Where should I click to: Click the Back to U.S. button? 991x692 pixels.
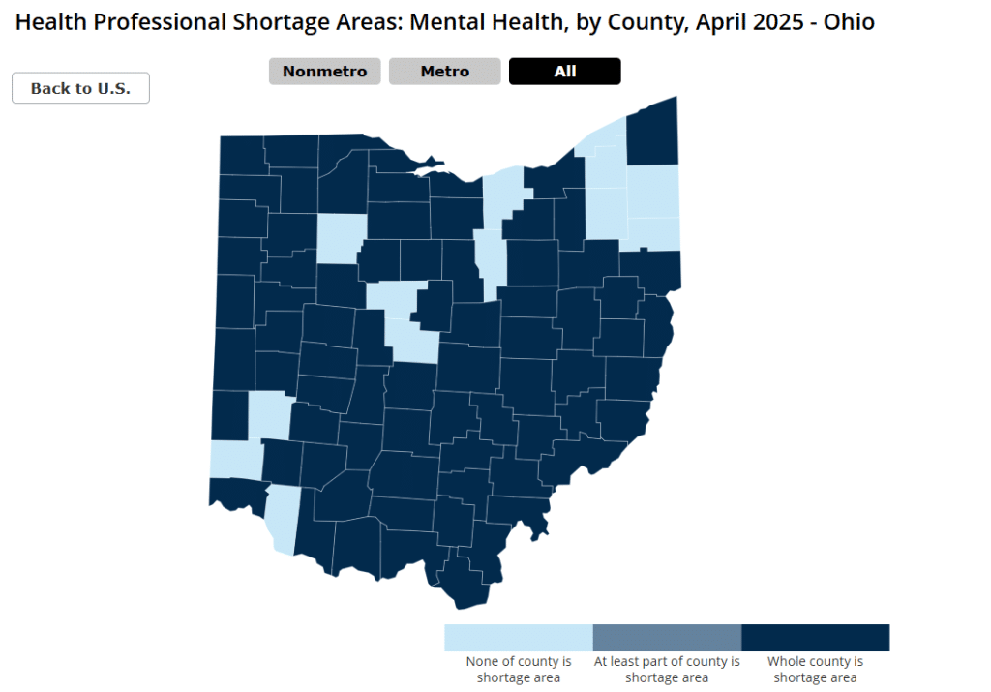click(80, 88)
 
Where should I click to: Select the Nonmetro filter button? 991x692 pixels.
click(324, 72)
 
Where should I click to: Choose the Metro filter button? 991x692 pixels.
click(444, 72)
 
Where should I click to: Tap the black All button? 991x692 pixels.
click(564, 72)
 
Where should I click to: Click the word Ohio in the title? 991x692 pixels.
click(849, 21)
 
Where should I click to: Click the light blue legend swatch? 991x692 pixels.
click(518, 638)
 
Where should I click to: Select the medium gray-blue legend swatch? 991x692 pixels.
click(667, 638)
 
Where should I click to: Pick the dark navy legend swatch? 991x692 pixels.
click(815, 638)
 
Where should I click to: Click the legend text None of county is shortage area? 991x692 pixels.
click(518, 670)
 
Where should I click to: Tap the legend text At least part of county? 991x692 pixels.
click(667, 662)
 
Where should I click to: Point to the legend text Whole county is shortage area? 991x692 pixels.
click(815, 670)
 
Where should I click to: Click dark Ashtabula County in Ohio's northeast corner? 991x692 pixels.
click(652, 135)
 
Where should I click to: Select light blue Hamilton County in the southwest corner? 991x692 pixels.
click(235, 460)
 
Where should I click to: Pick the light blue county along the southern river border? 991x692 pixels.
click(282, 518)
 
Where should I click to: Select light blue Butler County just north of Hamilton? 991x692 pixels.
click(270, 416)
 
